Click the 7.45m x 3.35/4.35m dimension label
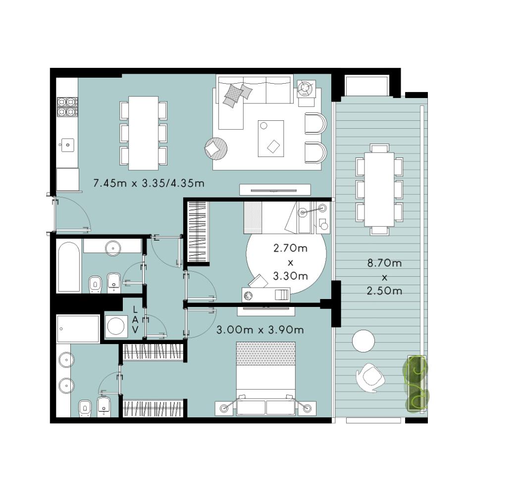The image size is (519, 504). click(149, 183)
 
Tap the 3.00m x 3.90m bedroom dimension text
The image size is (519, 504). click(260, 330)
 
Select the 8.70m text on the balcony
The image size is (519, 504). click(385, 263)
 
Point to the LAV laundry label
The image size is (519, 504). click(135, 320)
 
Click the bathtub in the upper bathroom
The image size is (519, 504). click(69, 267)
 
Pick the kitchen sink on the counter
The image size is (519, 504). click(67, 145)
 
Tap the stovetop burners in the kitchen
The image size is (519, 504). click(67, 107)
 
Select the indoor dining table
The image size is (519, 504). click(143, 133)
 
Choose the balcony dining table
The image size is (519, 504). click(379, 189)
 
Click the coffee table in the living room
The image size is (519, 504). click(271, 138)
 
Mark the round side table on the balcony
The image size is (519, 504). click(363, 341)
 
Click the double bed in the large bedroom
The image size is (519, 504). click(265, 378)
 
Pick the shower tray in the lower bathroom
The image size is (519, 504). click(78, 329)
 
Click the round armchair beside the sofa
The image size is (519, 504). click(216, 148)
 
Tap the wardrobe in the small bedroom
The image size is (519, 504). click(199, 232)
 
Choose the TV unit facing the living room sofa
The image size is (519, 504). click(275, 190)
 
